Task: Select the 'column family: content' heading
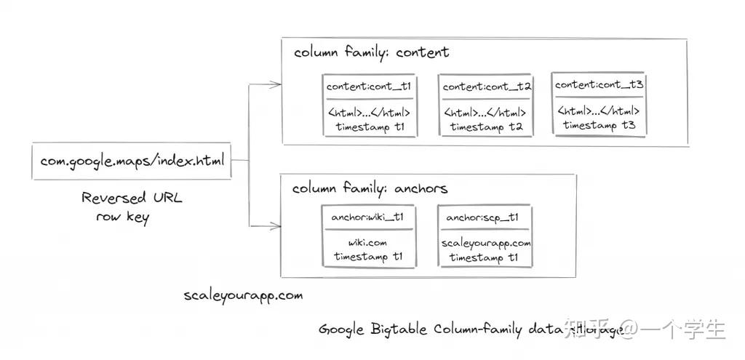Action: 371,52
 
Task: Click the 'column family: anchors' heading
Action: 370,188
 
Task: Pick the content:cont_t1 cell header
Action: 369,87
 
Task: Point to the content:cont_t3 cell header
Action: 599,85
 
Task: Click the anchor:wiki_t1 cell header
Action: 368,217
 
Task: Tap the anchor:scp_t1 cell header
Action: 483,217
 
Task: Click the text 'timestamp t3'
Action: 599,126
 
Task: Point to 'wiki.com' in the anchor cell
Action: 367,243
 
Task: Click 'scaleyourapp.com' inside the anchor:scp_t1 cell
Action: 486,243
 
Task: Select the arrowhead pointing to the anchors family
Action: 275,225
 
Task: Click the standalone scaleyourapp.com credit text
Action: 243,296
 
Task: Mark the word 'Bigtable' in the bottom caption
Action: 398,329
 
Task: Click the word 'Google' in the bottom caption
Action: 341,329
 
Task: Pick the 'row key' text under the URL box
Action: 122,217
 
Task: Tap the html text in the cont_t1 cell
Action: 369,113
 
